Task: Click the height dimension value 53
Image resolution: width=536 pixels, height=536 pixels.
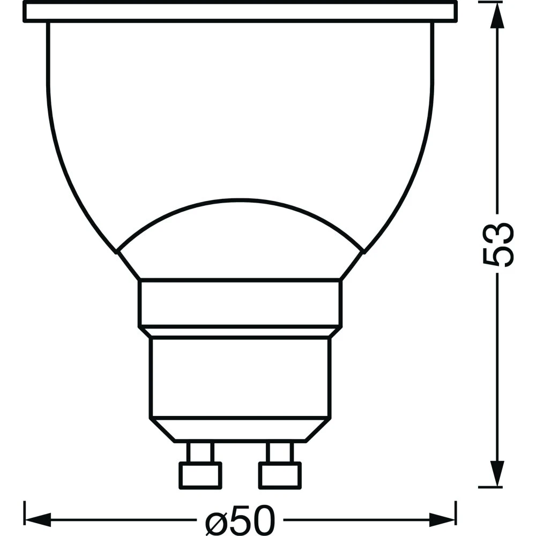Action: point(498,244)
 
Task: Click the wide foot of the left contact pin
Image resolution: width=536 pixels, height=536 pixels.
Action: point(199,474)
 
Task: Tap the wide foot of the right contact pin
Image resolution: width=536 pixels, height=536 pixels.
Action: point(279,474)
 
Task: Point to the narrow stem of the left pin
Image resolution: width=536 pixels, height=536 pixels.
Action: point(199,452)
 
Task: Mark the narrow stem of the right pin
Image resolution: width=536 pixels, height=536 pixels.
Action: point(279,452)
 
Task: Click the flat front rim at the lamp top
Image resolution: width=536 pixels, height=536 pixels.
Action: point(240,12)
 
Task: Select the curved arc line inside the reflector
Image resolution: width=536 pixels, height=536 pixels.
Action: point(240,203)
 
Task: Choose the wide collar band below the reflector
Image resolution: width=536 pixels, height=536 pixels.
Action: point(240,303)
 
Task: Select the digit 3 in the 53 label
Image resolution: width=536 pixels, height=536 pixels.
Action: point(498,232)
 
